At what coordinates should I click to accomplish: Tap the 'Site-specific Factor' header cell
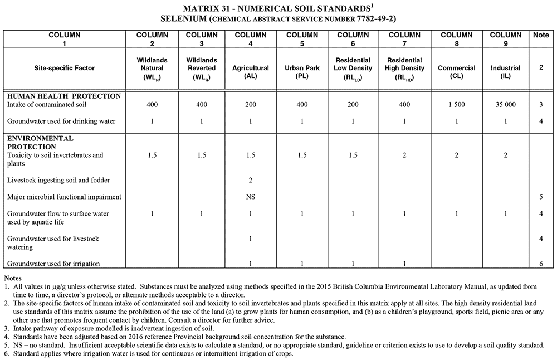63,68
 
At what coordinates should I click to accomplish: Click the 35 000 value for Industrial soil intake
505,105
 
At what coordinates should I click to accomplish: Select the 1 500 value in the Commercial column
456,105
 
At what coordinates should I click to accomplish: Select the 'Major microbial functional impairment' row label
64,197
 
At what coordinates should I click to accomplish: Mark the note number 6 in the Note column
541,264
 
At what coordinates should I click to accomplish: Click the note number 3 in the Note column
541,105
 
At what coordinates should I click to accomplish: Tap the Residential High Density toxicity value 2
404,155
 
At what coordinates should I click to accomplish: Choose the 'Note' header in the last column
541,35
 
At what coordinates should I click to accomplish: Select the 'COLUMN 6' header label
353,39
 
